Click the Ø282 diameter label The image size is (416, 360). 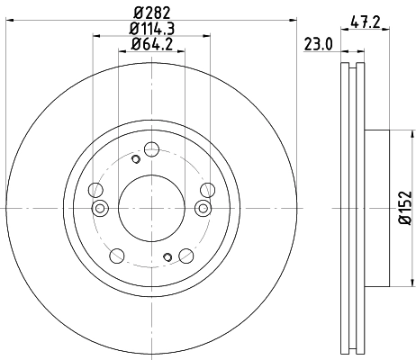151,12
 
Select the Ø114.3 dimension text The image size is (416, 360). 151,28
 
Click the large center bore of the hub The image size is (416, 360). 151,208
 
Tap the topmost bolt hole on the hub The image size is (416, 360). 151,148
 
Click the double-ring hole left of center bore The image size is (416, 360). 101,209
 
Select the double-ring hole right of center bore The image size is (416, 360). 202,209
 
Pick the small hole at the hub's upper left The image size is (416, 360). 135,159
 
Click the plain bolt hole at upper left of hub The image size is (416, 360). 95,189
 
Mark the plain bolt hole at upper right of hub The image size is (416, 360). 207,189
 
